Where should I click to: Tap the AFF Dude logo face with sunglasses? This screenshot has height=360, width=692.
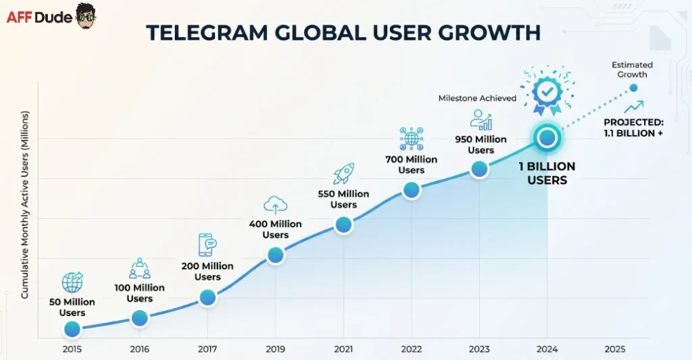pyautogui.click(x=86, y=16)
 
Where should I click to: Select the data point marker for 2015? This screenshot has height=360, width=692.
pyautogui.click(x=72, y=330)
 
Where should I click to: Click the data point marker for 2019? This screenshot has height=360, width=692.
pyautogui.click(x=275, y=255)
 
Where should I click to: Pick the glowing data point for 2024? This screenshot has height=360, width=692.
pyautogui.click(x=547, y=138)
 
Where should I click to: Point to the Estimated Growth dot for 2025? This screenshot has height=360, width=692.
pyautogui.click(x=633, y=88)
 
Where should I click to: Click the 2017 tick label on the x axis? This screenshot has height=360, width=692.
pyautogui.click(x=207, y=349)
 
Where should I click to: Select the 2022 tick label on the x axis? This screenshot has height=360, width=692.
pyautogui.click(x=411, y=349)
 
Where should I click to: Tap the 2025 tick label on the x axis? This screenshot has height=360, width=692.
pyautogui.click(x=615, y=349)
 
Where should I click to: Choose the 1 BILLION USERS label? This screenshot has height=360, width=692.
pyautogui.click(x=547, y=174)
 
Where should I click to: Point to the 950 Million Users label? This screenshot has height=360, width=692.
pyautogui.click(x=480, y=145)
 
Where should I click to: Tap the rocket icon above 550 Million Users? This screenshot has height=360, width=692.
pyautogui.click(x=343, y=174)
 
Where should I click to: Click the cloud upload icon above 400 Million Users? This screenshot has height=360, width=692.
pyautogui.click(x=275, y=205)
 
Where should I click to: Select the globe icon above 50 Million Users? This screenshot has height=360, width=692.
pyautogui.click(x=72, y=282)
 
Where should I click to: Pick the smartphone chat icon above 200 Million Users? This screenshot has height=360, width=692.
pyautogui.click(x=207, y=245)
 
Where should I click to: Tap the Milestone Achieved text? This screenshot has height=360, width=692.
pyautogui.click(x=477, y=98)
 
